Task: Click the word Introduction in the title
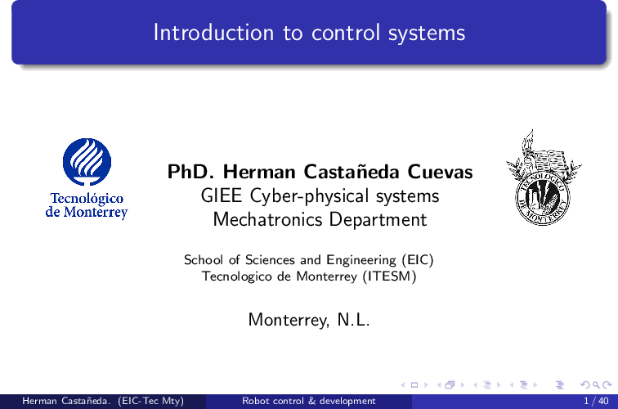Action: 213,33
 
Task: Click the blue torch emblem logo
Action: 87,162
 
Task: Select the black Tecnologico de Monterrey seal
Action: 544,178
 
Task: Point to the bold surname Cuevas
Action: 440,172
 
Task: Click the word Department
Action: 378,220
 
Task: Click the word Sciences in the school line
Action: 270,260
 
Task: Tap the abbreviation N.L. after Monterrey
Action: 353,320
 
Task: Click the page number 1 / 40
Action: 596,401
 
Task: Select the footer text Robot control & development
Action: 309,401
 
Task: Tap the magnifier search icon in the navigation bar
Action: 596,385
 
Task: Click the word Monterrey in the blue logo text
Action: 96,213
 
